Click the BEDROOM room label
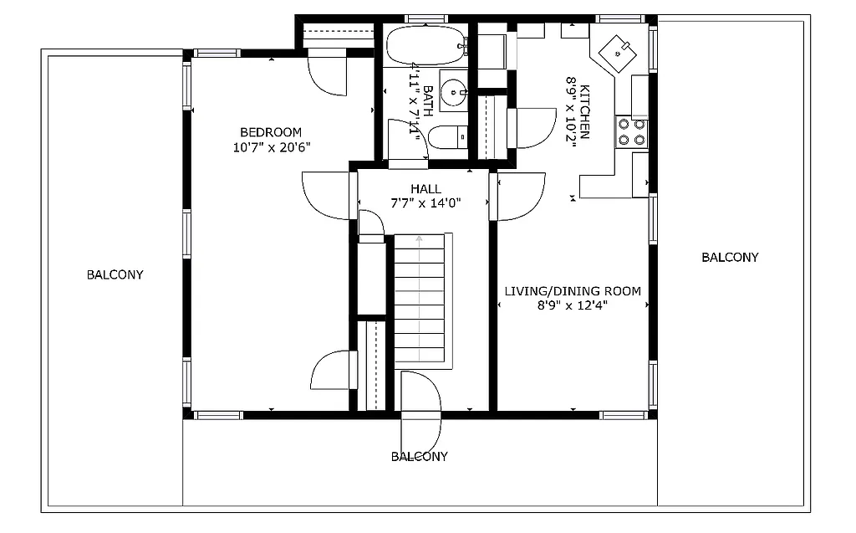tap(270, 132)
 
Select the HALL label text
tap(425, 189)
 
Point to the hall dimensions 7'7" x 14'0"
tap(425, 203)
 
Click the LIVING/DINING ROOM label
tap(573, 291)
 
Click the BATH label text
tap(427, 100)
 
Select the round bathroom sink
tap(453, 90)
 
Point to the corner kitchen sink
tap(619, 52)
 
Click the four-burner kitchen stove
tap(632, 131)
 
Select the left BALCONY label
tap(115, 274)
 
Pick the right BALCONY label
tap(730, 258)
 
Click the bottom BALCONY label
tap(419, 457)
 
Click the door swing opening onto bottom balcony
tap(420, 410)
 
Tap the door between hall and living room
tap(518, 197)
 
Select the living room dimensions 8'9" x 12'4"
tap(573, 305)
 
